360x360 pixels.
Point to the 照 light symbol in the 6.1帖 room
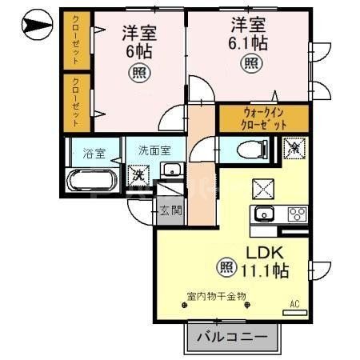[251, 63]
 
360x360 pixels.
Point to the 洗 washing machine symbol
[138, 174]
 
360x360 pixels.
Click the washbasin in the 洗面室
[170, 170]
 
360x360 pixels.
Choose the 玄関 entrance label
[169, 210]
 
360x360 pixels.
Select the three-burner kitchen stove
[296, 214]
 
